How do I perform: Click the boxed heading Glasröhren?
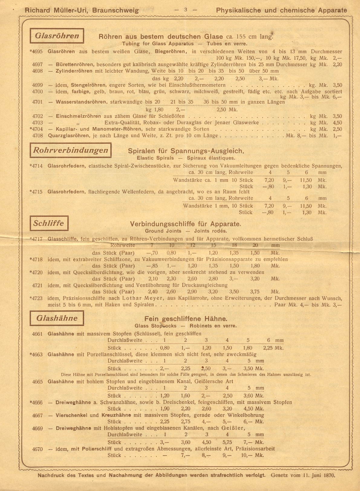[x=57, y=36]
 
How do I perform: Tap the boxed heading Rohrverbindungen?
[x=70, y=150]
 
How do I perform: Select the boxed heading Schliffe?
[x=49, y=224]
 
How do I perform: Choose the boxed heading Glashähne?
[x=57, y=318]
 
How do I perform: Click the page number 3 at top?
[x=186, y=10]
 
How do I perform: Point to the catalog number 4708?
[x=37, y=135]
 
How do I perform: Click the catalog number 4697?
[x=37, y=64]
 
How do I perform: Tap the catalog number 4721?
[x=37, y=285]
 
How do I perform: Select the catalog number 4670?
[x=37, y=449]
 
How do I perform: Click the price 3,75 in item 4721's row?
[x=255, y=292]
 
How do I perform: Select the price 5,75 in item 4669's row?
[x=227, y=442]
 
